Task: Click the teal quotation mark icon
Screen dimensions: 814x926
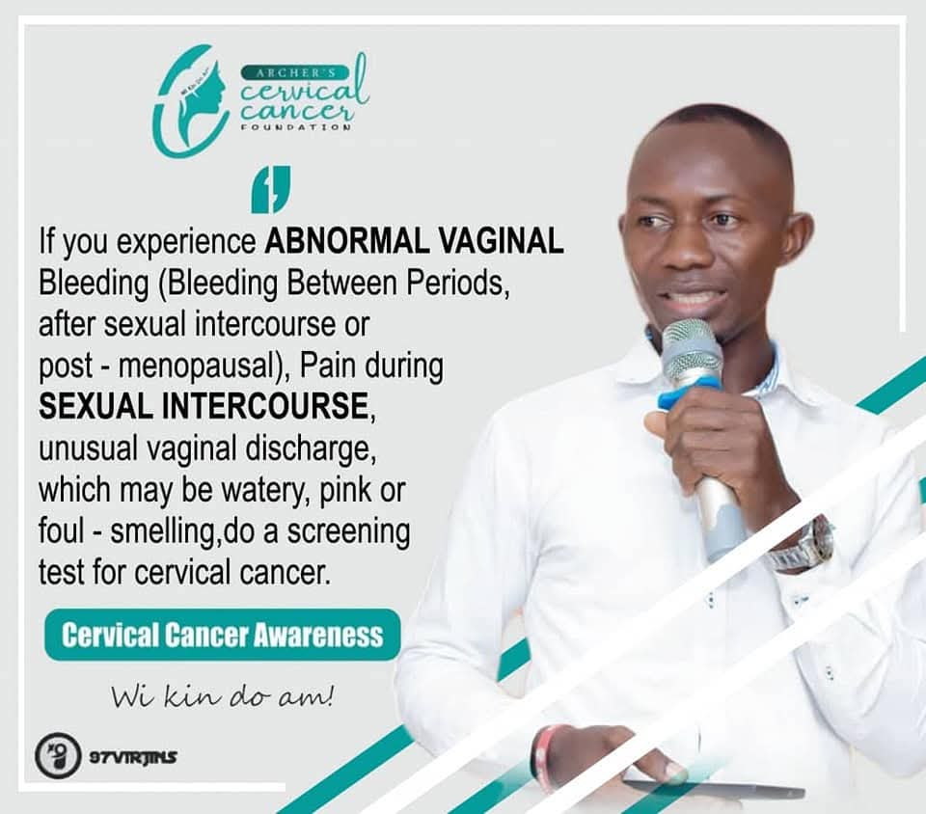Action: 270,190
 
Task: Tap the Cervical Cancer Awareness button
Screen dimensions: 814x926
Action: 222,635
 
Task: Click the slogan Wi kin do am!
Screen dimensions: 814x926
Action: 222,694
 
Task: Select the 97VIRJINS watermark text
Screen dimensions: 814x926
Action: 133,756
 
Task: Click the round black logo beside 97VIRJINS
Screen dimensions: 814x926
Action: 58,755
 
